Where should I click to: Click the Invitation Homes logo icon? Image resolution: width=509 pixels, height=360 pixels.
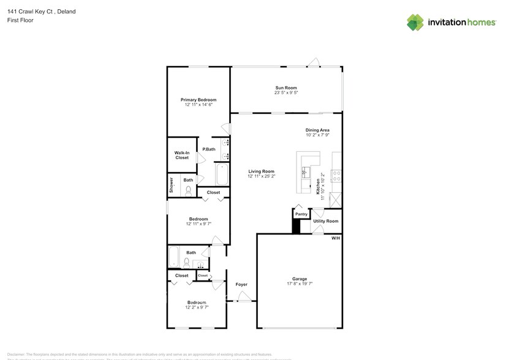pos(415,22)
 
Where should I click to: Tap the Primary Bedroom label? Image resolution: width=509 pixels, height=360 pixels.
pos(198,100)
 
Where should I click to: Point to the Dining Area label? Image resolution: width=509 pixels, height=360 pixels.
pos(317,130)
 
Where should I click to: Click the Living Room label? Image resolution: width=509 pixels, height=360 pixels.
pos(261,171)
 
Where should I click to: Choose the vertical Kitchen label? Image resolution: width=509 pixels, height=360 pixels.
pos(318,183)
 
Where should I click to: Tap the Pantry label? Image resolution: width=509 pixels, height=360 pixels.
pos(301,214)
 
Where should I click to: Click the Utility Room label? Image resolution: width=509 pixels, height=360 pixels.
pos(326,221)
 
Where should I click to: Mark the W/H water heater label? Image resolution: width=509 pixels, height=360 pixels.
pos(335,238)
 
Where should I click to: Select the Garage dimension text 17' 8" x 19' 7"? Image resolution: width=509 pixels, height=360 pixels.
pos(300,284)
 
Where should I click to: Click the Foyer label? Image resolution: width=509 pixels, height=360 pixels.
pos(241,285)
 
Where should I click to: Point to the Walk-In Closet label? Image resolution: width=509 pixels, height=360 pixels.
pos(182,155)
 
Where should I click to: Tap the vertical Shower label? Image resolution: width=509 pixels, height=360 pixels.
pos(172,186)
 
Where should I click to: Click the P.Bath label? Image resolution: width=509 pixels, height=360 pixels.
pos(209,149)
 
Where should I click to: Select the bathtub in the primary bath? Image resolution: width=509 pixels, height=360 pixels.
pos(222,174)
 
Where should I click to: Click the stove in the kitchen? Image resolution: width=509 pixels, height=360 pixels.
pos(336,176)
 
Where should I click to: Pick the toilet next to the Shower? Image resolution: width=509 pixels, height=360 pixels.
pos(188,190)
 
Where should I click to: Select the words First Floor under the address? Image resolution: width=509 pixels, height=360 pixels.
pos(20,20)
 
